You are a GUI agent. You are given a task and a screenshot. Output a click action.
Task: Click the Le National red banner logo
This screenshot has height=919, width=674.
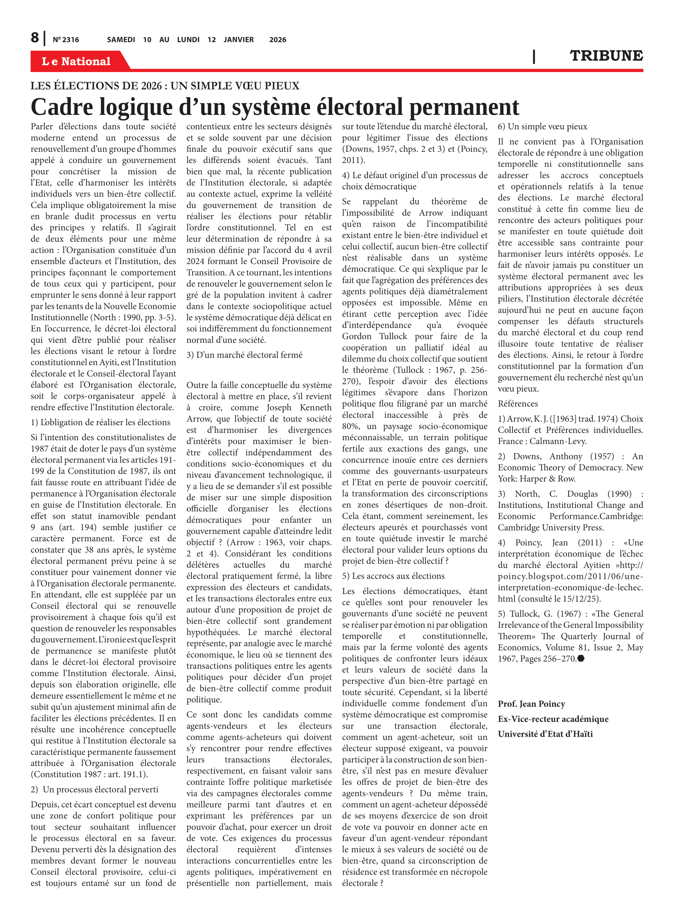(76, 61)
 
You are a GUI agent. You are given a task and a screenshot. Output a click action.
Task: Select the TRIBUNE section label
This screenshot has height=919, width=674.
(606, 55)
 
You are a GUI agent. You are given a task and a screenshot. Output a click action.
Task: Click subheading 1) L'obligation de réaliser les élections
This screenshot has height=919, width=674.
(100, 422)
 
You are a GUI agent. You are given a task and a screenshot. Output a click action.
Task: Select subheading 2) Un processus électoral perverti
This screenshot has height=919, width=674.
(95, 789)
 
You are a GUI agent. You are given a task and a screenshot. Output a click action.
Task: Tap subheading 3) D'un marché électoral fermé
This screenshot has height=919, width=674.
(244, 355)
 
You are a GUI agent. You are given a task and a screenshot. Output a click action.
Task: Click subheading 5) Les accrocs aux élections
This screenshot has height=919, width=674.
(393, 576)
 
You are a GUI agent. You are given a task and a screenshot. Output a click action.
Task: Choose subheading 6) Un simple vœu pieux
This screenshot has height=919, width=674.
(542, 127)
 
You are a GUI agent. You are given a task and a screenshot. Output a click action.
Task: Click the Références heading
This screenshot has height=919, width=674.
(518, 403)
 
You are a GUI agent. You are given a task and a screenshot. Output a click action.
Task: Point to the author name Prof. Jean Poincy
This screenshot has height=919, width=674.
(531, 704)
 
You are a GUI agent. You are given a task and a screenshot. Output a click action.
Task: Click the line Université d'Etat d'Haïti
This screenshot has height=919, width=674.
(545, 734)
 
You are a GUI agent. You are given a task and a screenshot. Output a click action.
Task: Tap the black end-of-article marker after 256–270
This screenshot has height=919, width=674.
(581, 658)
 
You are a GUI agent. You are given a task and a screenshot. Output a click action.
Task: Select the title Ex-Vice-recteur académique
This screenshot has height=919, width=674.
(553, 719)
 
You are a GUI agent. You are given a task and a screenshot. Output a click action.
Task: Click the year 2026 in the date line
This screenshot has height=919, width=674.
(278, 40)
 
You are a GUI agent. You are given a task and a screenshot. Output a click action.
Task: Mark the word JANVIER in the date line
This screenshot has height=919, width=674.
(238, 40)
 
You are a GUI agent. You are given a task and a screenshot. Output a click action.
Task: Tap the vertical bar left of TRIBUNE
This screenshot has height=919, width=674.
(534, 56)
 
